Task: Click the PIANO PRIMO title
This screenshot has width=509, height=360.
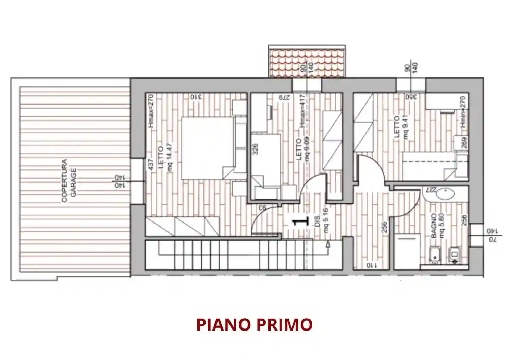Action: tap(254, 324)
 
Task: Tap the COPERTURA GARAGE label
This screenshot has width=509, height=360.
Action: tap(69, 180)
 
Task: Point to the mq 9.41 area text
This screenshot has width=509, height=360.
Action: tap(406, 127)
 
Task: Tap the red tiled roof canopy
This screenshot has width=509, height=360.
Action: tap(307, 63)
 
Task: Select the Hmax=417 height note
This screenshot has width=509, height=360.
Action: tap(302, 111)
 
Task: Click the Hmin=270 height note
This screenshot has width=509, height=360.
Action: tap(463, 112)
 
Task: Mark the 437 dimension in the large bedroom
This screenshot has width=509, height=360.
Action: tap(151, 165)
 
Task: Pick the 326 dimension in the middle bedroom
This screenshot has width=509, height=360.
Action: tap(255, 149)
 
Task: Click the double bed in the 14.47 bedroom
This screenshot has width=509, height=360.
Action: tap(207, 147)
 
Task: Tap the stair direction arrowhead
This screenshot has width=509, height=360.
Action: tap(328, 244)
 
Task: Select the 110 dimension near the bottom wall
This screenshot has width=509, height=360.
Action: tap(371, 265)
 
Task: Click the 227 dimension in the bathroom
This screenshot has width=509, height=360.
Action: tap(431, 190)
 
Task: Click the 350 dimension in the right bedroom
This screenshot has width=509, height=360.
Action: tap(411, 97)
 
